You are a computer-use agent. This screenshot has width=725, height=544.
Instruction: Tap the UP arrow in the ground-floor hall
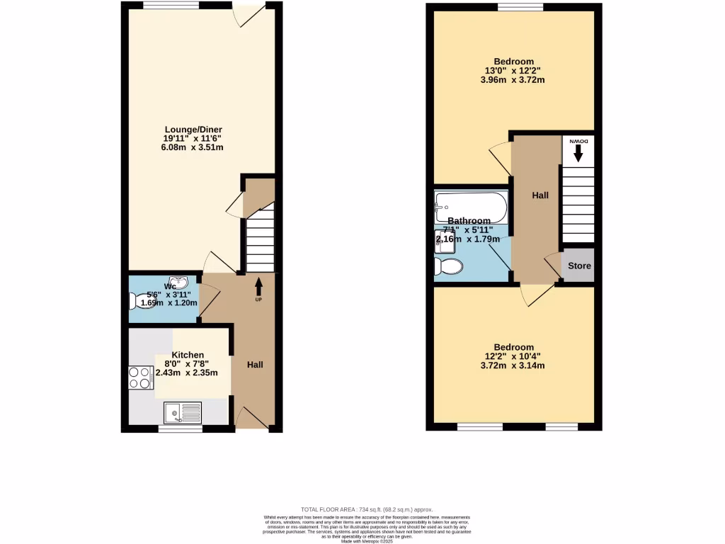pyautogui.click(x=258, y=287)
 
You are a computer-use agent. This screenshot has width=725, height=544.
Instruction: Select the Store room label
pyautogui.click(x=578, y=266)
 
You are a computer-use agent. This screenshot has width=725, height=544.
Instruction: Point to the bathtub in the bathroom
pyautogui.click(x=471, y=206)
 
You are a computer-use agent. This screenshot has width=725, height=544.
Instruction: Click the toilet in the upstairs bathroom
pyautogui.click(x=447, y=266)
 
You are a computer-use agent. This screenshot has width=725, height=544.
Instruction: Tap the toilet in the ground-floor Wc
pyautogui.click(x=137, y=301)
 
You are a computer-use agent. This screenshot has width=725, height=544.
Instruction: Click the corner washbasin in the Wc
pyautogui.click(x=181, y=283)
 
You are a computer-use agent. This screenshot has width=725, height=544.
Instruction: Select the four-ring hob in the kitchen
pyautogui.click(x=140, y=377)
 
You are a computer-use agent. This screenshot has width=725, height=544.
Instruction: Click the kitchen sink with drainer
pyautogui.click(x=183, y=412)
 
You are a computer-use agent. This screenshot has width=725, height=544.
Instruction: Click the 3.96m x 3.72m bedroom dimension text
pyautogui.click(x=514, y=80)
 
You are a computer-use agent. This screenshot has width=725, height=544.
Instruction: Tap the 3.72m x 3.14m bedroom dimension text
pyautogui.click(x=514, y=366)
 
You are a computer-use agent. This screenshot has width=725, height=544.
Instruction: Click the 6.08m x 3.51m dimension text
pyautogui.click(x=193, y=147)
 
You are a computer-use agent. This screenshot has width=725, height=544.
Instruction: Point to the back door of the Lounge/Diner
pyautogui.click(x=249, y=14)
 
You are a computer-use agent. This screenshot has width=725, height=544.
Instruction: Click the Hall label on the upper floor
pyautogui.click(x=541, y=195)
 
